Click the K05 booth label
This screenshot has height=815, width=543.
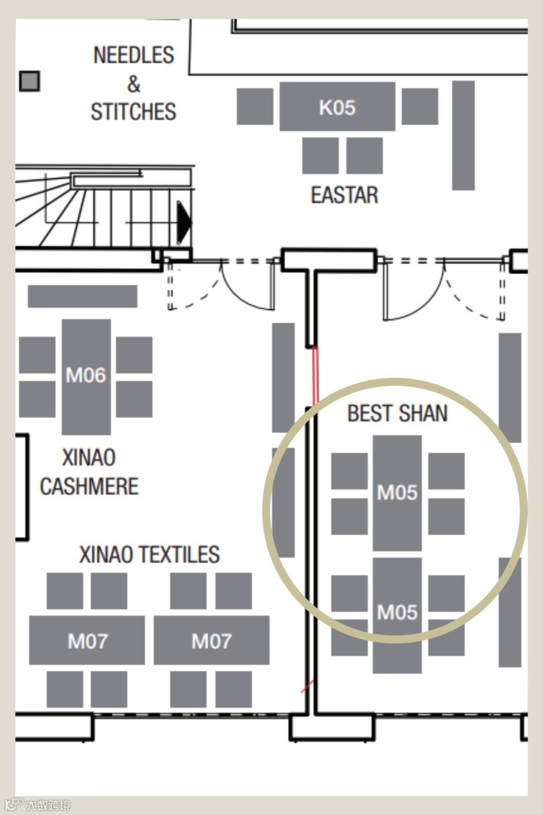pos(337,108)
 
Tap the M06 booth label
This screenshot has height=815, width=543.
pos(85,375)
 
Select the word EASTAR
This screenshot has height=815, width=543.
pos(344,195)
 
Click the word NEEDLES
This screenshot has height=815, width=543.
pos(134,55)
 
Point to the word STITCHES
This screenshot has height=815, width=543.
pos(133,112)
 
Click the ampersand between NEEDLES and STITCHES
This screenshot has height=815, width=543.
pos(134,84)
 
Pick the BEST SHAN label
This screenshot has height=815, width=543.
pos(397,414)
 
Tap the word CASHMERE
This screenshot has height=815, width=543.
pos(89,486)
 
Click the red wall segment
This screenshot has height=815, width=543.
pos(315,375)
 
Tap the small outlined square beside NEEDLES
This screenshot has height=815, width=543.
pos(30,81)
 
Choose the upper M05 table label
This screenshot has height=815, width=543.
pos(397,493)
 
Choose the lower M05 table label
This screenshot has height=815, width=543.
pos(397,612)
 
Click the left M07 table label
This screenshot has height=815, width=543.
pos(87,641)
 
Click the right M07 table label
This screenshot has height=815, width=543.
pos(212,641)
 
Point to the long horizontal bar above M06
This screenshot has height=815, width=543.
pos(82,296)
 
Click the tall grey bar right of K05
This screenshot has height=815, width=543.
pos(463,135)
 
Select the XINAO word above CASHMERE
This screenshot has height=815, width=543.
pos(89,458)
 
